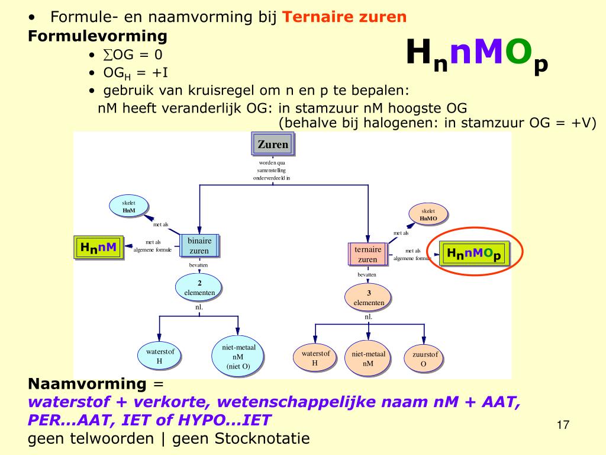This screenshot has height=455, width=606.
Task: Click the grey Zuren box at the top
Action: pyautogui.click(x=272, y=144)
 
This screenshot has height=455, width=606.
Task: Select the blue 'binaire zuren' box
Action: pyautogui.click(x=199, y=246)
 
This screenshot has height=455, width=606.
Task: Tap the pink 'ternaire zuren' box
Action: pyautogui.click(x=368, y=255)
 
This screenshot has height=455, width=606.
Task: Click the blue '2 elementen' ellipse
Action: pyautogui.click(x=199, y=287)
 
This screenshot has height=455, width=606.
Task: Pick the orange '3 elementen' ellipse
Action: pyautogui.click(x=369, y=297)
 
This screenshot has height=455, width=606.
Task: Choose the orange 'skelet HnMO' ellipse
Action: pyautogui.click(x=428, y=214)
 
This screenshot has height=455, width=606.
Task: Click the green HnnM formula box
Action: pyautogui.click(x=98, y=247)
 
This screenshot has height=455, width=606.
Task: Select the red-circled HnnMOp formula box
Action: pyautogui.click(x=474, y=254)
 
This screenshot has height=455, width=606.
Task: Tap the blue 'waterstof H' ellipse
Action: pyautogui.click(x=159, y=356)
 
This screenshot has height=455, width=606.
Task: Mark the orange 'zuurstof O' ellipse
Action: pyautogui.click(x=424, y=359)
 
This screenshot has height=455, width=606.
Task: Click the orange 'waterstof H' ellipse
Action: pyautogui.click(x=315, y=358)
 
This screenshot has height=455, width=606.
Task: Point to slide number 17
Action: pyautogui.click(x=563, y=425)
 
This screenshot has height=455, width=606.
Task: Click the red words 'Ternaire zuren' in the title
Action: pyautogui.click(x=345, y=17)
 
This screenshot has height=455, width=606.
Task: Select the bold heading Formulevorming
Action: pyautogui.click(x=98, y=36)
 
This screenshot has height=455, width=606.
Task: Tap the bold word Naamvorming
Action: pyautogui.click(x=86, y=383)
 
